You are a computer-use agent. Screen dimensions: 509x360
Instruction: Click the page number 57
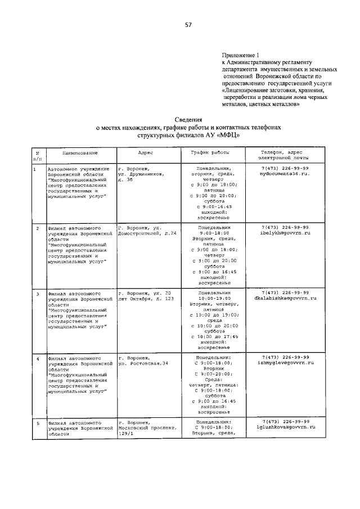(x=187, y=25)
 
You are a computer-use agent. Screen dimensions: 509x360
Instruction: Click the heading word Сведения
(x=187, y=120)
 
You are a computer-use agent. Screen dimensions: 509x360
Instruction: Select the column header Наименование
(x=72, y=153)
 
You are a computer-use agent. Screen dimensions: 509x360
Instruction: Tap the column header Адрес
(x=146, y=153)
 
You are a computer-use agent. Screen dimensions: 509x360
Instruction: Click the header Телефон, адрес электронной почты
(x=285, y=156)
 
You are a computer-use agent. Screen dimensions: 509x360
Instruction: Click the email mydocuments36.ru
(x=285, y=175)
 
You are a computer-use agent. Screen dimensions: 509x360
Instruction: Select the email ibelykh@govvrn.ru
(x=285, y=232)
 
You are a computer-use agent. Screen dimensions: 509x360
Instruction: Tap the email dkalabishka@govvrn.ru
(x=285, y=298)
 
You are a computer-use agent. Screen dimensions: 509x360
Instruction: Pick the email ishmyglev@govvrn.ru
(x=285, y=363)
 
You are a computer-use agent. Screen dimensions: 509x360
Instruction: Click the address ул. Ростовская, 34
(x=143, y=363)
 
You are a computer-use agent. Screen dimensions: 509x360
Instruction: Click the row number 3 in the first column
(x=38, y=293)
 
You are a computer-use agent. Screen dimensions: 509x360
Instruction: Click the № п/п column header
(x=38, y=156)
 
